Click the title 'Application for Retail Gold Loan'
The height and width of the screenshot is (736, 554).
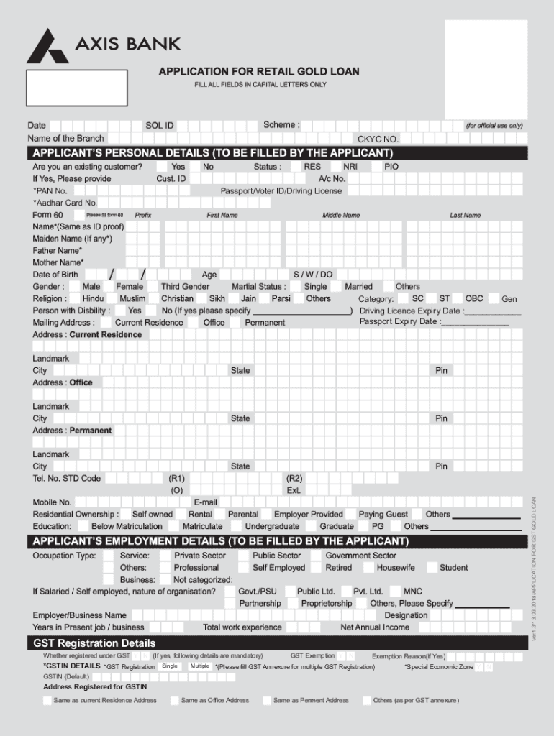(x=259, y=72)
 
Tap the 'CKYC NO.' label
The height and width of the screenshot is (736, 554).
(x=378, y=139)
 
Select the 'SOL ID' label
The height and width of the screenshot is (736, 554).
(x=159, y=126)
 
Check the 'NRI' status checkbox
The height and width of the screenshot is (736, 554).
(x=336, y=167)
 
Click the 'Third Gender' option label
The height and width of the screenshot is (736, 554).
(x=185, y=287)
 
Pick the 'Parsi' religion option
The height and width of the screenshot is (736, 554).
(x=281, y=299)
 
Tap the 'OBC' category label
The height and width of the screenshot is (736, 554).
(x=474, y=298)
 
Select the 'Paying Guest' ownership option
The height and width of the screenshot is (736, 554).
(x=383, y=515)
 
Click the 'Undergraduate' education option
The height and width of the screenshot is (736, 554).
(x=272, y=527)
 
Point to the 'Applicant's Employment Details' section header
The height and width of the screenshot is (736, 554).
(x=221, y=541)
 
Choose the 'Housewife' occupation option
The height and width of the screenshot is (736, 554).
(x=395, y=568)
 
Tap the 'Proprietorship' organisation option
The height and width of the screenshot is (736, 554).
(x=327, y=604)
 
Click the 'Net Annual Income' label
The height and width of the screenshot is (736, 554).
(x=375, y=627)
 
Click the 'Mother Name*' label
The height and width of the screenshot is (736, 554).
(x=58, y=263)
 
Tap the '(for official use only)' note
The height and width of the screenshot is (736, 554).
(x=494, y=126)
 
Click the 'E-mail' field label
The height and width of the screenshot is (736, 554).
(x=205, y=502)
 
